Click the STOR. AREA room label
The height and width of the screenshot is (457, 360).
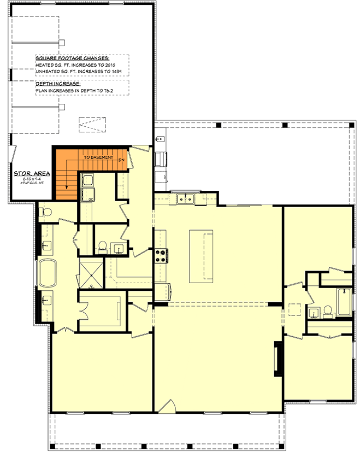tap(32, 173)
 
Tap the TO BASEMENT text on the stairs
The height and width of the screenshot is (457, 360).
tap(98, 157)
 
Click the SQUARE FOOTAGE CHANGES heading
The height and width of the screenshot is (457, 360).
tap(72, 58)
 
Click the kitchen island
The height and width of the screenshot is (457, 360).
tap(201, 255)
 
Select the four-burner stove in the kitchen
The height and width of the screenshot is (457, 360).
tap(161, 256)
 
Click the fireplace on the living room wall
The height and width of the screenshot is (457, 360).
tap(278, 358)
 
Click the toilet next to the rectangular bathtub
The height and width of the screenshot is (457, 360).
tap(328, 312)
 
